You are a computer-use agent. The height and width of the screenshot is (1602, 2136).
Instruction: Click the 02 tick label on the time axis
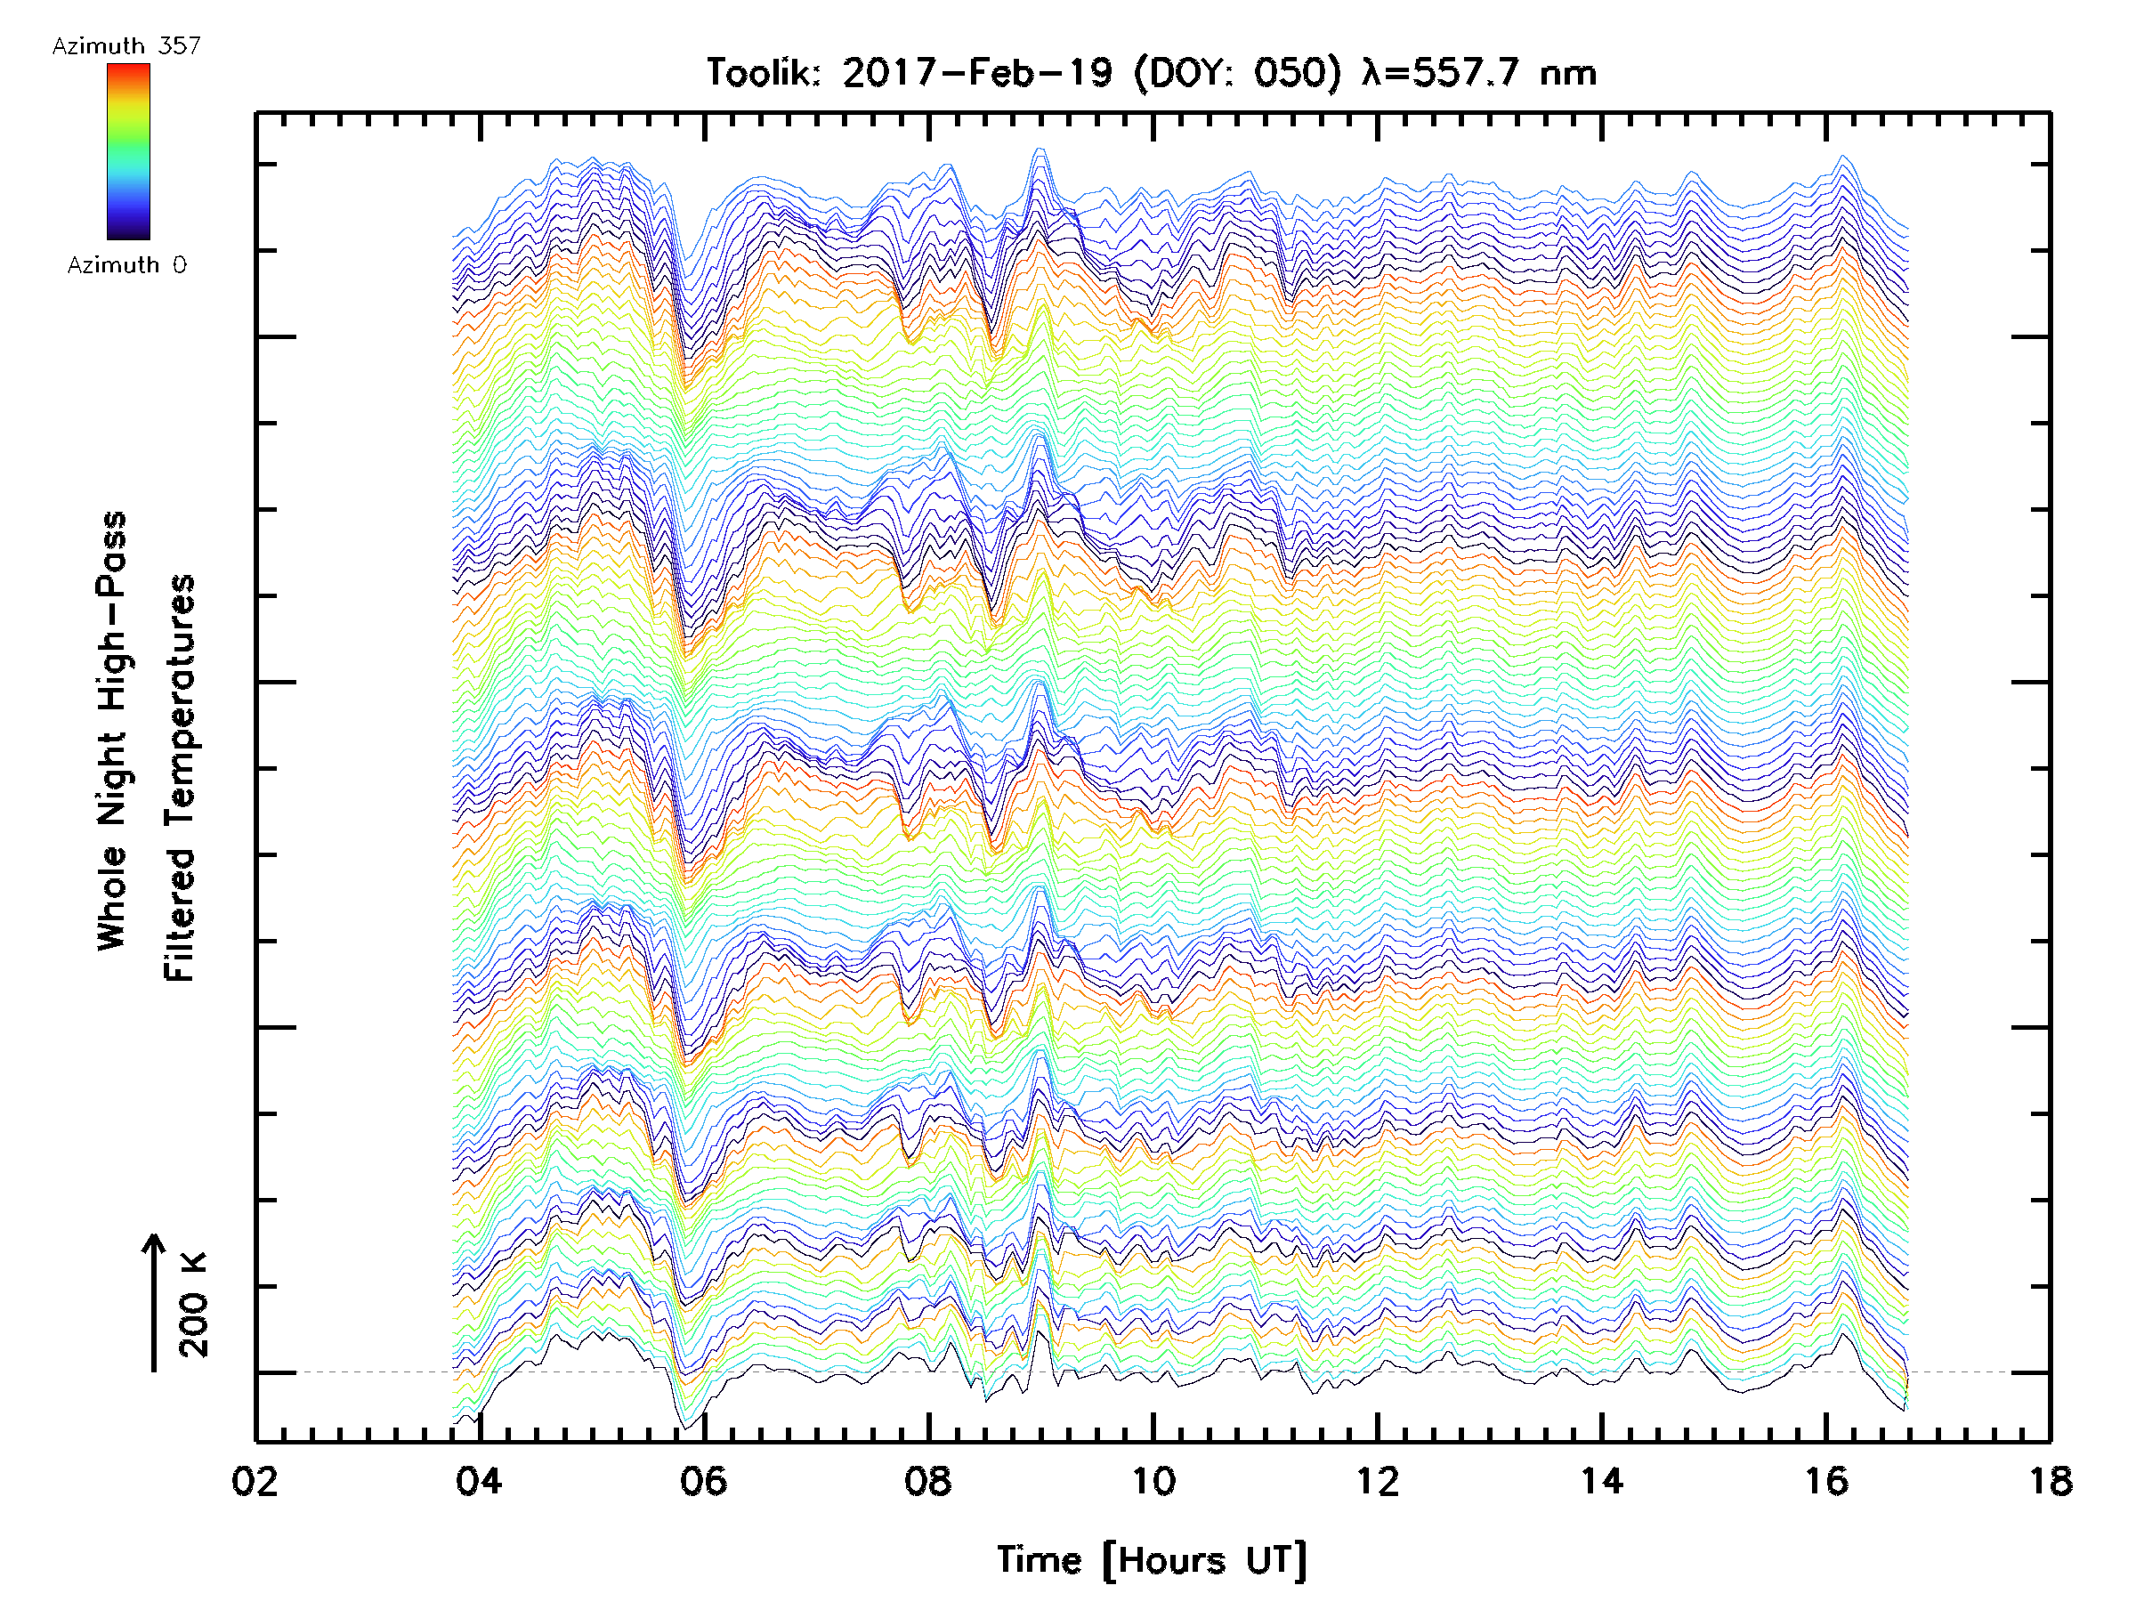(255, 1480)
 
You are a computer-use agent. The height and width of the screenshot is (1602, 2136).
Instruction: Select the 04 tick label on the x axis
(479, 1480)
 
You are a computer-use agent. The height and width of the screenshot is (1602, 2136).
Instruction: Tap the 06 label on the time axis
(703, 1480)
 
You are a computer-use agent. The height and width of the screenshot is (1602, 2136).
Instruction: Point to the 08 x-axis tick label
(928, 1480)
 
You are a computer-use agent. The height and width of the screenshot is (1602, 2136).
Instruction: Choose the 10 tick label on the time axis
(1153, 1480)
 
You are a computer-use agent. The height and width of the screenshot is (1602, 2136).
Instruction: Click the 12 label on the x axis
(1377, 1480)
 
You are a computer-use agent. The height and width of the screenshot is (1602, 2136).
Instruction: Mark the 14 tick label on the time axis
(1601, 1480)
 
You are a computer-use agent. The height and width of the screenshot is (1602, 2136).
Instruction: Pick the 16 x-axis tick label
(1826, 1480)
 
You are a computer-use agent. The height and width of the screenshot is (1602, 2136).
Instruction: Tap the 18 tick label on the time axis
(2049, 1480)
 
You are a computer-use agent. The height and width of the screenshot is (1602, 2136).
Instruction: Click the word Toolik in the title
(762, 72)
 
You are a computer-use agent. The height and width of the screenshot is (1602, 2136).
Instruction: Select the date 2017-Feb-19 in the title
(977, 72)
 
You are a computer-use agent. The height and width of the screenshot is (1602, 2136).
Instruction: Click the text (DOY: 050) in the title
(1238, 72)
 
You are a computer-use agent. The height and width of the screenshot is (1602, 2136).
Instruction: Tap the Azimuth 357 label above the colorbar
(126, 45)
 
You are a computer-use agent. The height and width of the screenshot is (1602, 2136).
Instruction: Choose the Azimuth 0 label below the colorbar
(126, 264)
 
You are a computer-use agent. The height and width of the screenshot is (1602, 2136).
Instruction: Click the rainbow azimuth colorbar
(128, 151)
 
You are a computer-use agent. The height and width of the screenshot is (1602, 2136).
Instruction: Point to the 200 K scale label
(194, 1305)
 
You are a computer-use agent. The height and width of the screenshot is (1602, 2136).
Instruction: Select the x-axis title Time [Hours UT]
(1152, 1560)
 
